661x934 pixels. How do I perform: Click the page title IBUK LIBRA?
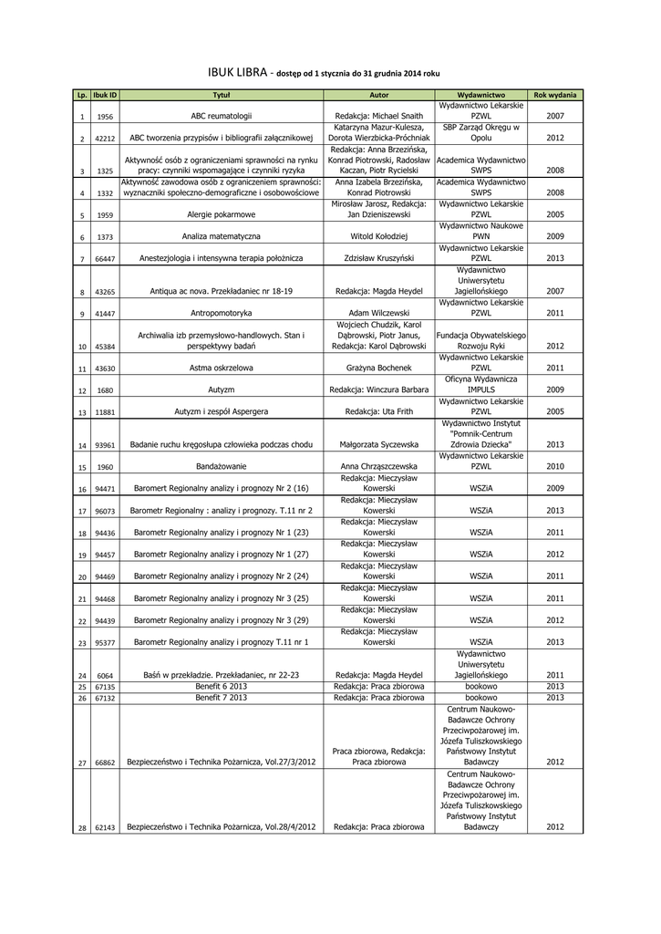239,71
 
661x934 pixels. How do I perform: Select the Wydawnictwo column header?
480,95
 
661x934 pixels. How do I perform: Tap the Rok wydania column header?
554,95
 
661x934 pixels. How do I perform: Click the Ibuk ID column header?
105,95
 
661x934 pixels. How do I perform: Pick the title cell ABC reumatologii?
222,117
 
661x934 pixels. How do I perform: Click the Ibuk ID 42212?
105,139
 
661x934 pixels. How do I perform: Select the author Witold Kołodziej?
379,236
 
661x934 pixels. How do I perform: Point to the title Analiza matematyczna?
222,236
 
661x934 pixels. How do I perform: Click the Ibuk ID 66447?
105,258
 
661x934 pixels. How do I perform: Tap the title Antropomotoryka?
222,313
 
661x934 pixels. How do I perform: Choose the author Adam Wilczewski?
379,313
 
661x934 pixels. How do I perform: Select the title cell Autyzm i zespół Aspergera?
222,411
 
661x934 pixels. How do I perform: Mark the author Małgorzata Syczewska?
379,444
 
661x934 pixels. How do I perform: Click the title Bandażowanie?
222,466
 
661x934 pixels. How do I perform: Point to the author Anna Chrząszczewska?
379,466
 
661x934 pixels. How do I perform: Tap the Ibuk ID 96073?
105,511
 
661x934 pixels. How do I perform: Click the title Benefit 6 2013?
222,686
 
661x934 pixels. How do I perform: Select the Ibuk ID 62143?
105,827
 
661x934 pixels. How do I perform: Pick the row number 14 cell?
82,444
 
